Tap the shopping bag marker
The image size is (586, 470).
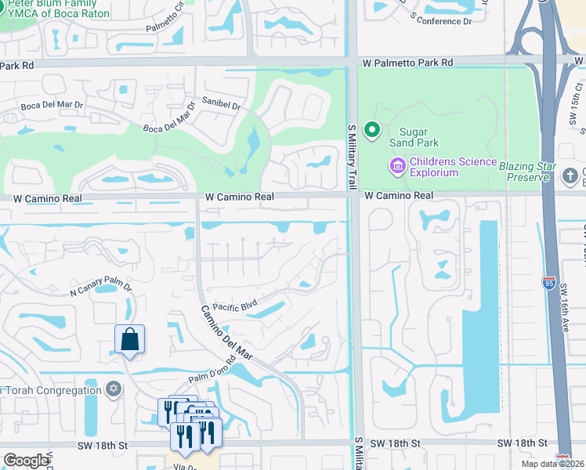coord(129,340)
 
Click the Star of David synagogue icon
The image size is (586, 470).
coord(114,389)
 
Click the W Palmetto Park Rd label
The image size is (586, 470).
coord(407,62)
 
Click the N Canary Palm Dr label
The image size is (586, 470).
coord(100,289)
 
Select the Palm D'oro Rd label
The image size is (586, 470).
coord(212,371)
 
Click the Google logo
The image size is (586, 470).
coord(27,461)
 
